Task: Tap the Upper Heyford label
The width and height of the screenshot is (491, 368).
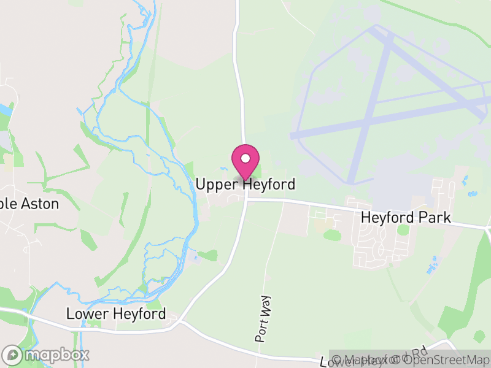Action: pos(245,184)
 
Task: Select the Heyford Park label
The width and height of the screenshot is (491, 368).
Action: pos(406,218)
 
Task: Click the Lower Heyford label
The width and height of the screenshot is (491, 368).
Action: pos(116,314)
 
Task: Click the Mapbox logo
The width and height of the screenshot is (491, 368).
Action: pos(46,355)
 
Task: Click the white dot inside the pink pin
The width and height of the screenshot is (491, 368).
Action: pos(245,158)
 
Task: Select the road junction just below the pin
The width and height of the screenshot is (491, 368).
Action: pos(247,199)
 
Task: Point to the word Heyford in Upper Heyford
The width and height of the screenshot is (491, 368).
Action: pos(268,184)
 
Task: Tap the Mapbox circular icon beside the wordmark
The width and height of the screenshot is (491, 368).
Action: pos(12,355)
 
